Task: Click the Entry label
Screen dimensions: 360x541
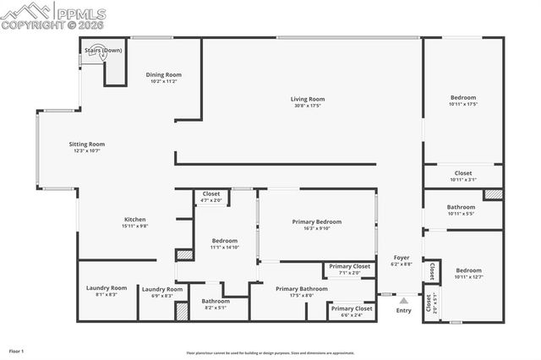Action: pos(404,310)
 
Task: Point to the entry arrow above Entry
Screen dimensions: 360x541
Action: pos(404,298)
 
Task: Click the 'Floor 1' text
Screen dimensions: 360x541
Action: pos(16,351)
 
